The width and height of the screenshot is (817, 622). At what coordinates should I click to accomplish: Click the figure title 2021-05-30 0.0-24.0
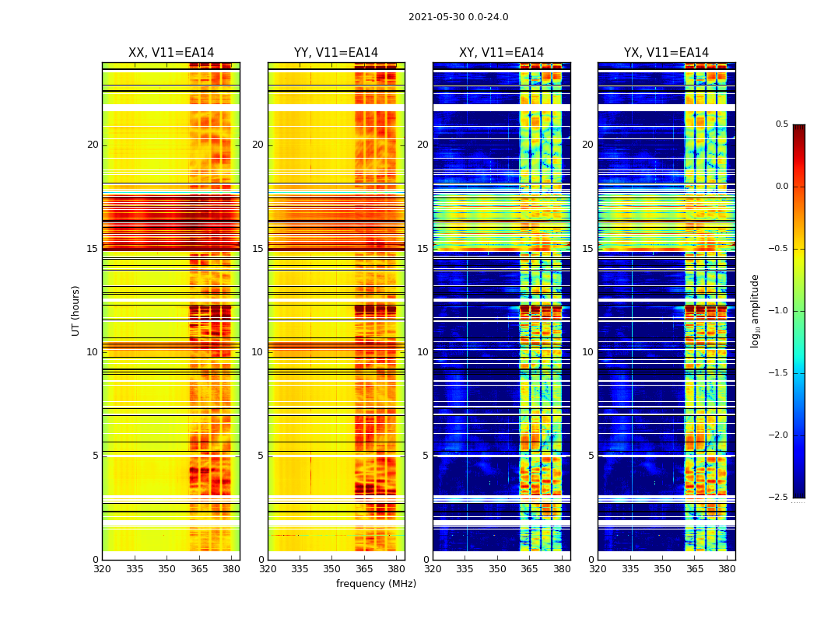tap(458, 17)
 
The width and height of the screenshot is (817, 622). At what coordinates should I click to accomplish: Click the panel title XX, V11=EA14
tap(171, 53)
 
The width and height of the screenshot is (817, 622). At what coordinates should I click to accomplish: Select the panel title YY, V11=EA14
tap(336, 53)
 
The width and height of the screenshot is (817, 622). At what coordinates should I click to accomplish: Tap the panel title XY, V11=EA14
tap(501, 53)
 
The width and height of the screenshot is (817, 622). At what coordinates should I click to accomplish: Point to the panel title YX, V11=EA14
tap(666, 53)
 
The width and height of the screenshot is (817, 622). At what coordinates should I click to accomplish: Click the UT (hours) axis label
tap(76, 310)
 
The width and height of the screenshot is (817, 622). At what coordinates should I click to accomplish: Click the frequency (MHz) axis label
tap(376, 584)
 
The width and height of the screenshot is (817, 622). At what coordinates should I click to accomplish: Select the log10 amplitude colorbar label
tap(755, 310)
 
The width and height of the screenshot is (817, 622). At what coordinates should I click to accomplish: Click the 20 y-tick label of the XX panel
tap(93, 145)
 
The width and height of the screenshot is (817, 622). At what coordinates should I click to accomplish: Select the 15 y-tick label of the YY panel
tap(258, 249)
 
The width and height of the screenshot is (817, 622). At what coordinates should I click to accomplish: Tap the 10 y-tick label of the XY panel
tap(423, 352)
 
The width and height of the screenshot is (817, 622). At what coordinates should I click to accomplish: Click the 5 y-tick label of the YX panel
tap(591, 456)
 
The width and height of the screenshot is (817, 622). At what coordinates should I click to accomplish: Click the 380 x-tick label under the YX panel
tap(727, 569)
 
